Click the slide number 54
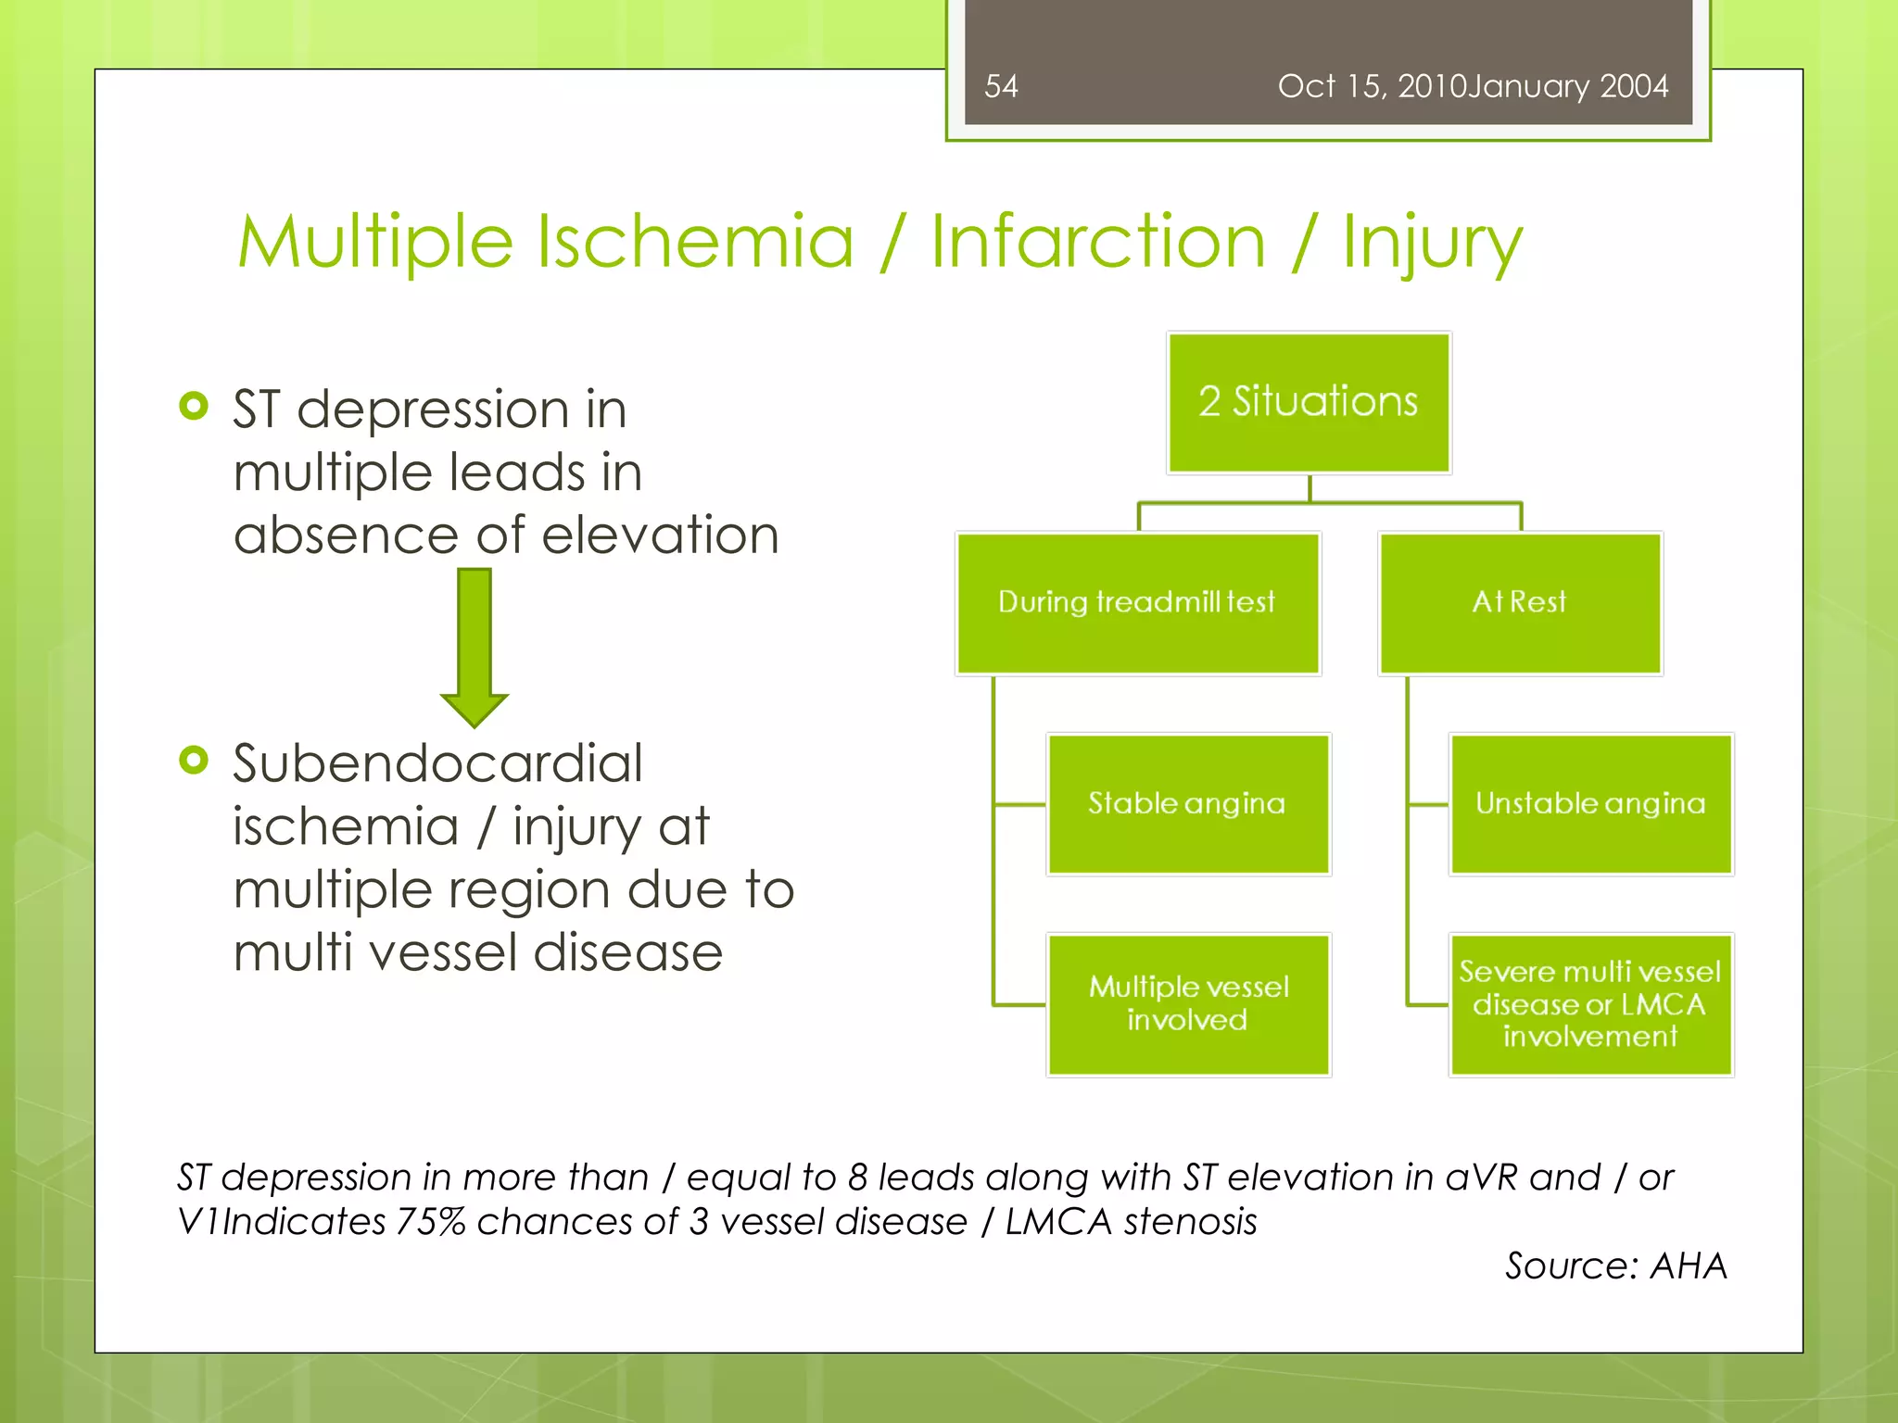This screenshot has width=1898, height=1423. (x=1001, y=86)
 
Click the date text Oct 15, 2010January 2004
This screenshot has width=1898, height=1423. (x=1473, y=86)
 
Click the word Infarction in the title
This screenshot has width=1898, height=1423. (x=1097, y=241)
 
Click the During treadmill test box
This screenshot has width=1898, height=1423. (x=1137, y=603)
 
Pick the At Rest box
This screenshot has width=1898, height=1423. (x=1520, y=603)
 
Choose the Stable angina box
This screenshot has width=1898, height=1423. (x=1188, y=803)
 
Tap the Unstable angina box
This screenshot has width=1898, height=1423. (x=1590, y=803)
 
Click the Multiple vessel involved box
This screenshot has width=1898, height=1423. (x=1188, y=1003)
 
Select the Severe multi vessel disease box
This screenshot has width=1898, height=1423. (x=1590, y=1003)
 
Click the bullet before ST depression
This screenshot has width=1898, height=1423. (x=194, y=406)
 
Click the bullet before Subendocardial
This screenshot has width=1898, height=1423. (x=194, y=761)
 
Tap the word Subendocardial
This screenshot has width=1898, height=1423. (x=437, y=763)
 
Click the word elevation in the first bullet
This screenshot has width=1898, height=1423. (x=660, y=535)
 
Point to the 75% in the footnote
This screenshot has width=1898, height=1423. (x=430, y=1222)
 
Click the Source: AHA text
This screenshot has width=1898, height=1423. (x=1615, y=1266)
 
